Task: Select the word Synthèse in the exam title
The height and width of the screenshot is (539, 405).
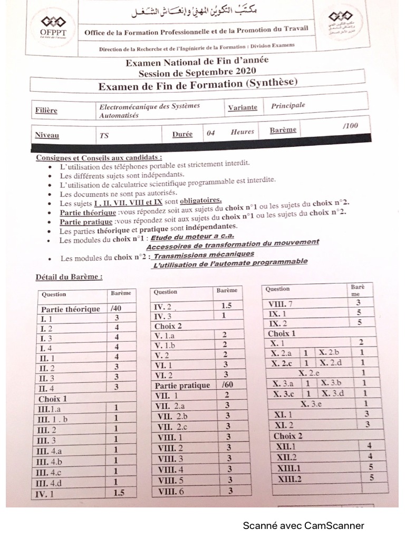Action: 269,83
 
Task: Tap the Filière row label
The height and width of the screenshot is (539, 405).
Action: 46,111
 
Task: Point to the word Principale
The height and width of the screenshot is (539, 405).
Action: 288,105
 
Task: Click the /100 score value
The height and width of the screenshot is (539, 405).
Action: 350,125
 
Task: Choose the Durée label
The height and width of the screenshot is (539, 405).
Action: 182,134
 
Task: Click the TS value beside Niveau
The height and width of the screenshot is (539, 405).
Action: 104,135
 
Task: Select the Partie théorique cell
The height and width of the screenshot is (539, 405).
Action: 71,309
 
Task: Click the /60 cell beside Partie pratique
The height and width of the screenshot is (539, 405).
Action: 228,385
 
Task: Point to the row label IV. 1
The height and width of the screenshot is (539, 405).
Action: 50,494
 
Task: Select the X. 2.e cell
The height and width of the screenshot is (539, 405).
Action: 310,373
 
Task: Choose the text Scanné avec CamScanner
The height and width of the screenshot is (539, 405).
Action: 303,525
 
